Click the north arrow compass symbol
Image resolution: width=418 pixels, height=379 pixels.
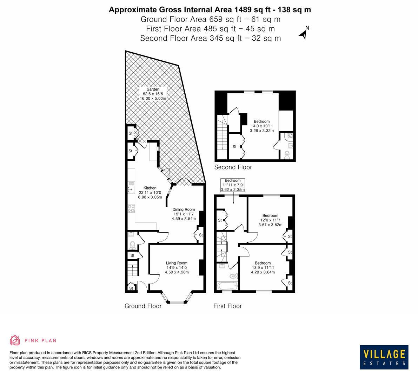303,33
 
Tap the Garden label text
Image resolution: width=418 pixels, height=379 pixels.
153,89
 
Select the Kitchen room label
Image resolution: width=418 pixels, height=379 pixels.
150,188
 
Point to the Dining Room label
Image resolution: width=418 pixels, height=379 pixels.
184,210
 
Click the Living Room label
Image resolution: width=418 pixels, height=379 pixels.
177,263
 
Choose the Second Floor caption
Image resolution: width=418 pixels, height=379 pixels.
233,167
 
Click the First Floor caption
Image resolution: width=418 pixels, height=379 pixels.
227,306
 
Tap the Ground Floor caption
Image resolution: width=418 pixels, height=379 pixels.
143,306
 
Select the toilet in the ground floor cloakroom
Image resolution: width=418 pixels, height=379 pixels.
132,244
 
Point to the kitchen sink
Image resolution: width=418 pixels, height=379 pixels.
131,189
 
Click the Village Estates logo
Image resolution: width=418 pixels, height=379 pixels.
384,357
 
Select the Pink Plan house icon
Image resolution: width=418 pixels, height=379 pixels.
15,340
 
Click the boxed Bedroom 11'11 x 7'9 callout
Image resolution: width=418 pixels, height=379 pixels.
232,185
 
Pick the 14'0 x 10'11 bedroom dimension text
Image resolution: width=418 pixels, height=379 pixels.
262,126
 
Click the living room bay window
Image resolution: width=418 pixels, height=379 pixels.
177,300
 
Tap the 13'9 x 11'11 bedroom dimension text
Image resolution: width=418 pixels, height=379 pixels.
263,267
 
